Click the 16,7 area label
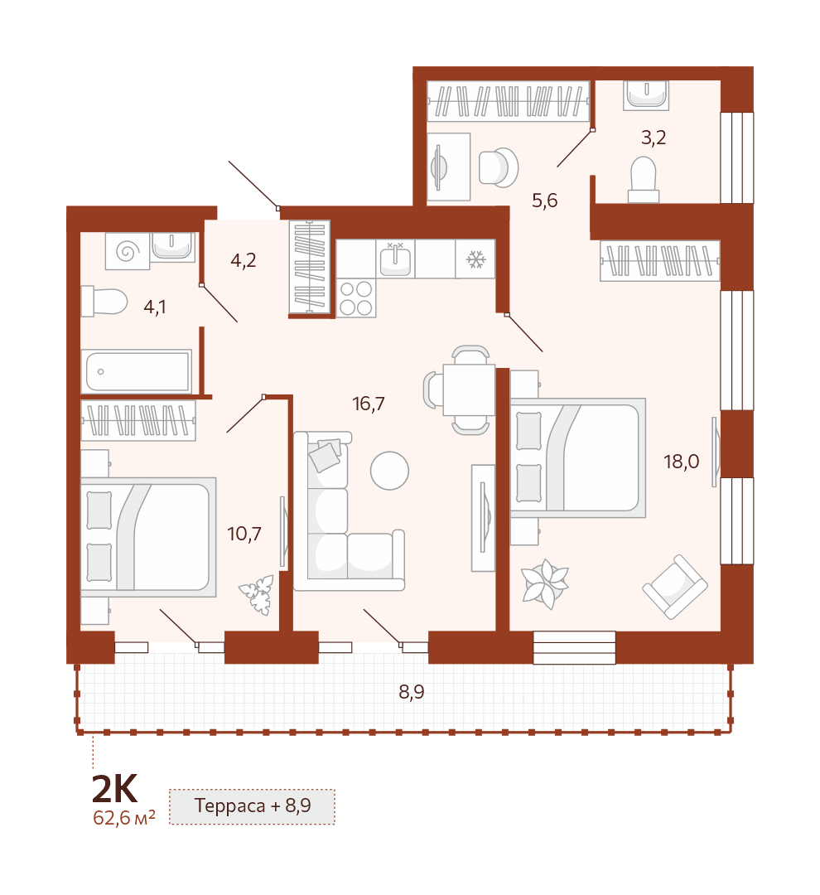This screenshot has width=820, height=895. (x=369, y=404)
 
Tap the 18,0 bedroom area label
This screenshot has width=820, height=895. (x=682, y=462)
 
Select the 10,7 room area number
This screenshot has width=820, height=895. (x=244, y=534)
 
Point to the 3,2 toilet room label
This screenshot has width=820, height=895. (x=654, y=138)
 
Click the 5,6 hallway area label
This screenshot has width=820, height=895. (x=544, y=201)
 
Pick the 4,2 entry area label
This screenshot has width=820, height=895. (x=243, y=260)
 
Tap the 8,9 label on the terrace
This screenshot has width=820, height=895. (x=412, y=692)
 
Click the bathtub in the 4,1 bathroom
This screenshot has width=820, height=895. (x=137, y=371)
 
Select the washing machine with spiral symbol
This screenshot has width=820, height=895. (x=128, y=250)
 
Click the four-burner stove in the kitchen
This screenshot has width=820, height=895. (x=356, y=298)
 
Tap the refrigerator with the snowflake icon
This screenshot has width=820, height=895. (x=475, y=259)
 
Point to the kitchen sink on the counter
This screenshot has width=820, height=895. (x=395, y=259)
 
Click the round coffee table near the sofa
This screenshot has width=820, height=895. (x=390, y=471)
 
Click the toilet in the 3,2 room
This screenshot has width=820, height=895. (x=644, y=180)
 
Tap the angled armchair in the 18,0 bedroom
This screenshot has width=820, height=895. (x=675, y=587)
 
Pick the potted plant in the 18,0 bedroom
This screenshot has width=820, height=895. (x=546, y=584)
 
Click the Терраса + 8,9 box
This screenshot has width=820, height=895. (x=252, y=806)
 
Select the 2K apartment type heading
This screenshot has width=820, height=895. (x=114, y=790)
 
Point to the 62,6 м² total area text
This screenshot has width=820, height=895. (x=123, y=817)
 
